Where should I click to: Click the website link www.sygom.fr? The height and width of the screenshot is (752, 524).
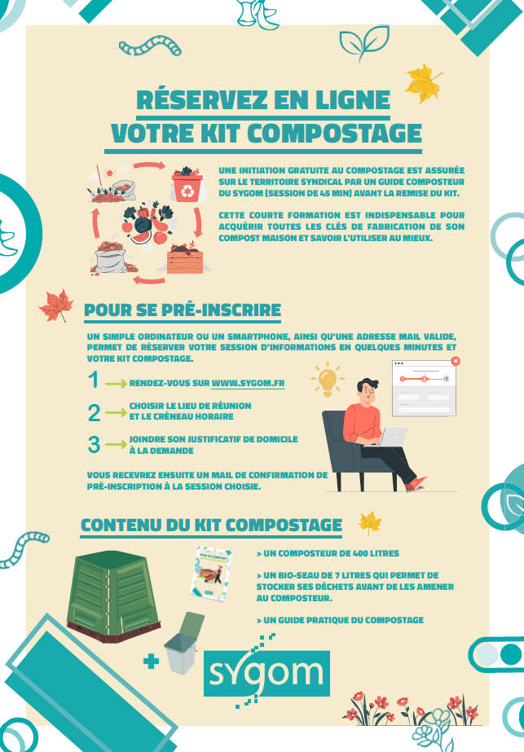click(248, 383)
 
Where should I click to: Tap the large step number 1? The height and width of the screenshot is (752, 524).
click(94, 380)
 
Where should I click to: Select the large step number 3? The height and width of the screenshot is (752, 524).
click(94, 445)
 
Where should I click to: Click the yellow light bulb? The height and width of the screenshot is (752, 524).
click(328, 380)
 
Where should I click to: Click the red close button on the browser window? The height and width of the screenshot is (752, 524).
click(456, 361)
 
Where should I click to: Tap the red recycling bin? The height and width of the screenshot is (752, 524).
click(187, 188)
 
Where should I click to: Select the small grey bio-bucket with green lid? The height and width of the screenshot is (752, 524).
click(183, 643)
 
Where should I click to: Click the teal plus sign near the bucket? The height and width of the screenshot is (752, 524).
click(151, 662)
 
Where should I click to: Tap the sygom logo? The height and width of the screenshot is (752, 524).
click(266, 672)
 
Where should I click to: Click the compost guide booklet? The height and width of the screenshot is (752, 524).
click(210, 574)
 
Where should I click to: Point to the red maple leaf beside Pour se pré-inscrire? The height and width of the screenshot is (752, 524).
click(56, 305)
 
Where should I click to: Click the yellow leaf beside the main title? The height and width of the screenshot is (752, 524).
click(422, 83)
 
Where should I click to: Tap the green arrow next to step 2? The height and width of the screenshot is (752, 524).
click(116, 412)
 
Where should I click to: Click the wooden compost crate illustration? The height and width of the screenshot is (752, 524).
click(185, 260)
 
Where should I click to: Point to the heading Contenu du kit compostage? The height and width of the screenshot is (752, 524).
click(212, 525)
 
